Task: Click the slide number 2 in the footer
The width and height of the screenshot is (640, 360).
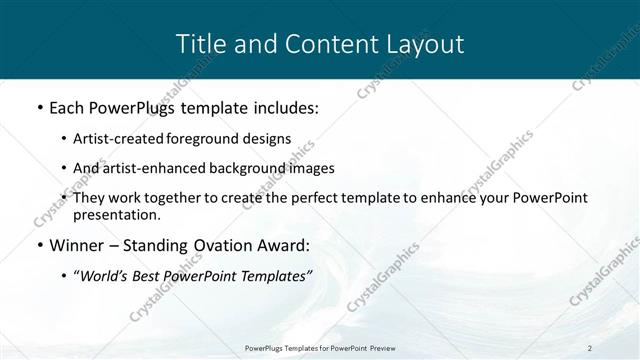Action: (590, 347)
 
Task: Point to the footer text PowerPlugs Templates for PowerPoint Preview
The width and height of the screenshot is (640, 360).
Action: (320, 347)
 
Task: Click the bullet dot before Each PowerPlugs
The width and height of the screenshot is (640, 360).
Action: (39, 106)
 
